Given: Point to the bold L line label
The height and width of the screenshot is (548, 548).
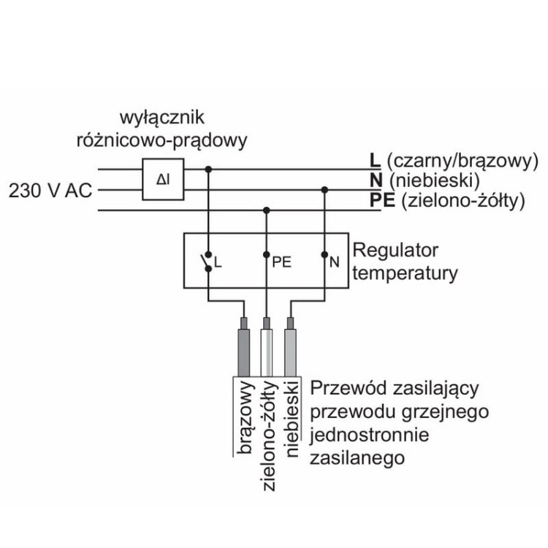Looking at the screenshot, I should click(375, 160).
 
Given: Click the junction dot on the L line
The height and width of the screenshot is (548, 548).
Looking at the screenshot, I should click(209, 169).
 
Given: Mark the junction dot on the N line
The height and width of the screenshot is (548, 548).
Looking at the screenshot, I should click(324, 189).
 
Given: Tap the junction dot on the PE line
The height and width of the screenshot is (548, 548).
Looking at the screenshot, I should click(267, 210).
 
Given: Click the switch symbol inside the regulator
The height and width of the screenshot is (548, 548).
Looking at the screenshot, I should click(208, 260).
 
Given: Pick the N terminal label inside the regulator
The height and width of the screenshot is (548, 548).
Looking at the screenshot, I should click(334, 261).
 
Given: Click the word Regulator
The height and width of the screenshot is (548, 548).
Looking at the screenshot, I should click(395, 251).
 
